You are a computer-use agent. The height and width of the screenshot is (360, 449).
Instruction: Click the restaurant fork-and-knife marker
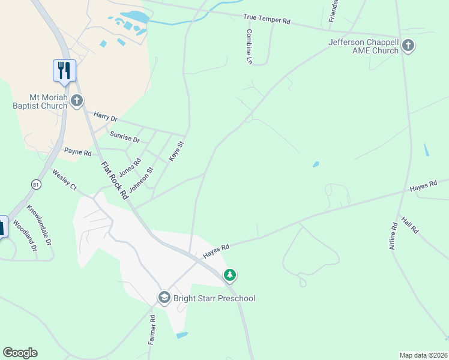pyautogui.click(x=64, y=70)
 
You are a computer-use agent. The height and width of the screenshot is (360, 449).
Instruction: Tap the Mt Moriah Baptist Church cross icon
pyautogui.click(x=76, y=101)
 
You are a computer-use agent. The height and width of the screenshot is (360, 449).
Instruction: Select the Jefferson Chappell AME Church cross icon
pyautogui.click(x=408, y=46)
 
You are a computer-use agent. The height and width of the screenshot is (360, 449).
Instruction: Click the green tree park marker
pyautogui.click(x=229, y=275)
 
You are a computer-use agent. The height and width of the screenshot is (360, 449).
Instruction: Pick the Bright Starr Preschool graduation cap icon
pyautogui.click(x=164, y=298)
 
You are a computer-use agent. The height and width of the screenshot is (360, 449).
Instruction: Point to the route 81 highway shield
pyautogui.click(x=37, y=185)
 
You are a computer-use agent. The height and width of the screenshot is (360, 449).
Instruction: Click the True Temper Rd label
pyautogui.click(x=267, y=20)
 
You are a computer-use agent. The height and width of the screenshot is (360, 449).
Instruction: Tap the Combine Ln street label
pyautogui.click(x=249, y=47)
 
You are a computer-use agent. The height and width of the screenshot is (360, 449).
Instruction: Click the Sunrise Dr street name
pyautogui.click(x=124, y=138)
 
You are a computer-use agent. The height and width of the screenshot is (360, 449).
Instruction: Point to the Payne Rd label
pyautogui.click(x=77, y=152)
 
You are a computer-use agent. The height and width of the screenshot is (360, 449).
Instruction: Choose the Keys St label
pyautogui.click(x=175, y=151)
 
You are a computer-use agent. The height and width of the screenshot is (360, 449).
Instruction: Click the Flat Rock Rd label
pyautogui.click(x=114, y=181)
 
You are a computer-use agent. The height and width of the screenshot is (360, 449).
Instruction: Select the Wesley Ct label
pyautogui.click(x=65, y=180)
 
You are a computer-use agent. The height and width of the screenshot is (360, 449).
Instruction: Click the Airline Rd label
pyautogui.click(x=394, y=236)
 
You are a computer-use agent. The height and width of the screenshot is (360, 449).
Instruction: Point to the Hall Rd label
pyautogui.click(x=410, y=226)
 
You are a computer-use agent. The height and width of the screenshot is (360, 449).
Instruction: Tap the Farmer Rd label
pyautogui.click(x=152, y=331)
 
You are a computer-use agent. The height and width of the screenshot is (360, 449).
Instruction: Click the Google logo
pyautogui.click(x=20, y=353)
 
